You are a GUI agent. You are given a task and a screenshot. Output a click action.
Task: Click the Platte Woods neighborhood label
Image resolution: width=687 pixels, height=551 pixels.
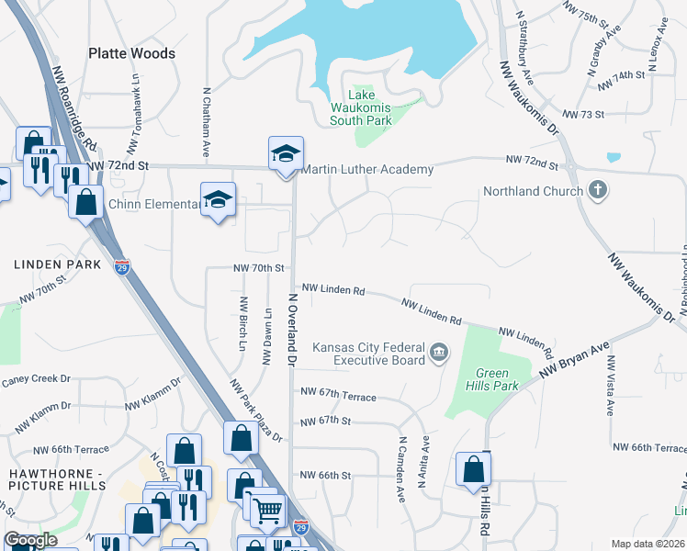[x=131, y=53]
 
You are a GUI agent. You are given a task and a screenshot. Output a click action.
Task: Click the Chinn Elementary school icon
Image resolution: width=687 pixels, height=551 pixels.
[x=219, y=200]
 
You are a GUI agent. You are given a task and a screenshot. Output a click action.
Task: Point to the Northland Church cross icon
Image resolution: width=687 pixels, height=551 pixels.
[x=597, y=192]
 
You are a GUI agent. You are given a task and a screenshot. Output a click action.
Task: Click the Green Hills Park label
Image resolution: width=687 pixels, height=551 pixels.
[x=497, y=379]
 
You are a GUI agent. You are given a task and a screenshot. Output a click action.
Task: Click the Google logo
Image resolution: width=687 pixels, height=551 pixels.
[x=31, y=540]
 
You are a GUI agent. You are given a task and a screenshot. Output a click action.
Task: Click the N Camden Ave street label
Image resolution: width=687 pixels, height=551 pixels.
[x=400, y=467]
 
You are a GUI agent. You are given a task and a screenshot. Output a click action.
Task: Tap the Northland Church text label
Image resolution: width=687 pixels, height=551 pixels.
[x=534, y=192]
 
